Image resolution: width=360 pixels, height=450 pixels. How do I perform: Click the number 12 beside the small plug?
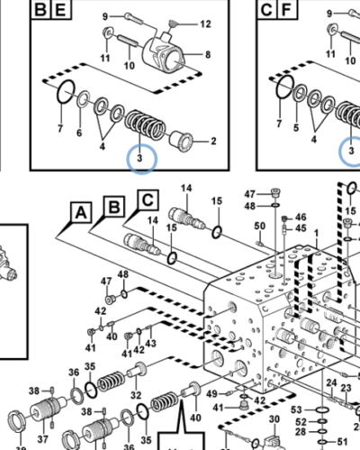(x=205, y=24)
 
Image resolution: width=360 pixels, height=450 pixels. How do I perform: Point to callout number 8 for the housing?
(x=208, y=55)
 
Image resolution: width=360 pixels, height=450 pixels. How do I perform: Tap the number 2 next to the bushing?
(x=213, y=141)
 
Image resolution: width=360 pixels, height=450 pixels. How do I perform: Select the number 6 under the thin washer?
(x=79, y=132)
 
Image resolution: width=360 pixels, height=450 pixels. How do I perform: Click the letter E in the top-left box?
(x=61, y=10)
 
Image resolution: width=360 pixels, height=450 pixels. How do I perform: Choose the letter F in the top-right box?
(x=287, y=10)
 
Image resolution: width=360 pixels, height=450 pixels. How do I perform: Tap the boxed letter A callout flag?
(x=81, y=212)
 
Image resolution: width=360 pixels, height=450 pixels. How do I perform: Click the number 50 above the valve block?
(x=260, y=226)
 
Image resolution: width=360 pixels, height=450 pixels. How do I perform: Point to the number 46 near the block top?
(x=301, y=217)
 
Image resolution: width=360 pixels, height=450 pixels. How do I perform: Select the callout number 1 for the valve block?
(x=316, y=233)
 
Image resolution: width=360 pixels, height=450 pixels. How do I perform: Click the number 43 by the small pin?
(x=150, y=343)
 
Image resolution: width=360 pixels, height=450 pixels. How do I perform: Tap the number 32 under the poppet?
(x=136, y=395)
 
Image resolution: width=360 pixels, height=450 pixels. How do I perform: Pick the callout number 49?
(x=211, y=393)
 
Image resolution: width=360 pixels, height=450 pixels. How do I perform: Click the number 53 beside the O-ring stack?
(x=296, y=409)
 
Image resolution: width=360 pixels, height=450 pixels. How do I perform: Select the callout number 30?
(x=274, y=419)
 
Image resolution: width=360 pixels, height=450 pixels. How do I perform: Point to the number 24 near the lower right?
(x=331, y=382)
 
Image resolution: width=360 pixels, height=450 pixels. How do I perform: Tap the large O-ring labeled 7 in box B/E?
(x=66, y=92)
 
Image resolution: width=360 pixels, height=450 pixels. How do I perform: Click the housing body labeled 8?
(x=164, y=54)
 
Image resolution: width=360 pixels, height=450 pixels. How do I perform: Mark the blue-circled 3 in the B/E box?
(x=139, y=158)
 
